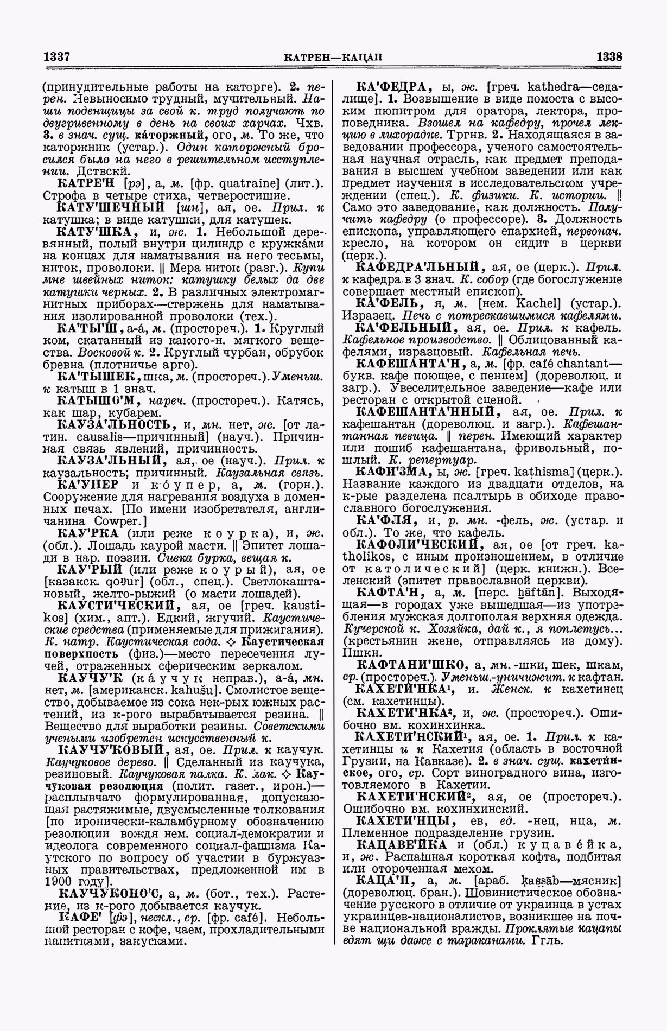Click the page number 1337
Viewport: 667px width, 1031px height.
[58, 56]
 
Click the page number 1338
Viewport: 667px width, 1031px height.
[609, 56]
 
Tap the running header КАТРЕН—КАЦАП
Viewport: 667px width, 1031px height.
[333, 57]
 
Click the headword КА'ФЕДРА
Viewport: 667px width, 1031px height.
[392, 87]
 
